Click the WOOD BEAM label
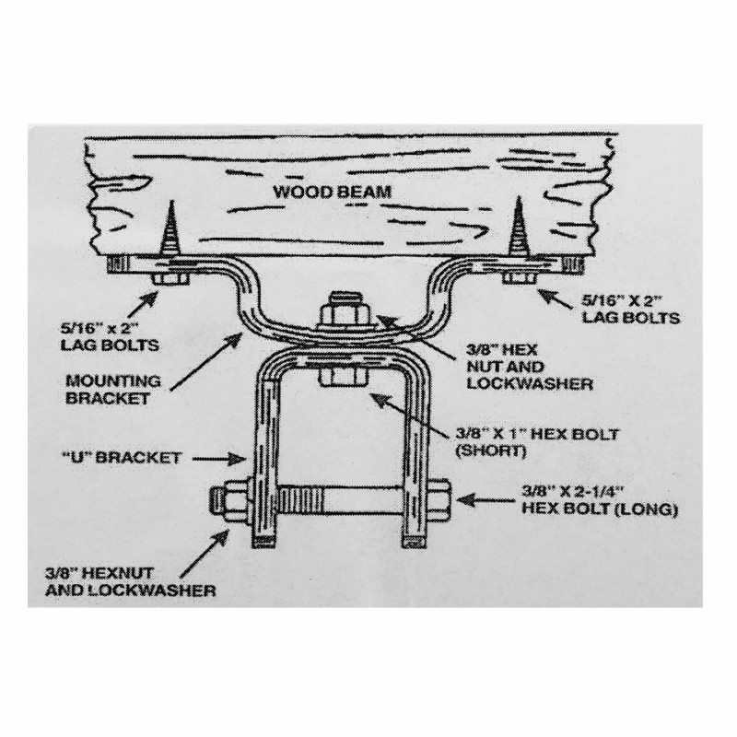(333, 192)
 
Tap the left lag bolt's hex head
(170, 278)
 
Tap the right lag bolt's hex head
(520, 278)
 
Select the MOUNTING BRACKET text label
(112, 389)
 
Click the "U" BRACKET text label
(122, 457)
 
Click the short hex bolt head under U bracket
(344, 375)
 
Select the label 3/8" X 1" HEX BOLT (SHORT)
(537, 442)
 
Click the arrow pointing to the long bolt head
(485, 499)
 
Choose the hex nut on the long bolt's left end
(233, 502)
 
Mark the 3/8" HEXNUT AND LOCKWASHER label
(130, 581)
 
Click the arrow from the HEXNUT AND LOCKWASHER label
(205, 553)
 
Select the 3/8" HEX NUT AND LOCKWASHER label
(529, 367)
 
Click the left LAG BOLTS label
(110, 336)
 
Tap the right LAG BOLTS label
(631, 310)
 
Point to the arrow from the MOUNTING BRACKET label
(206, 361)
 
